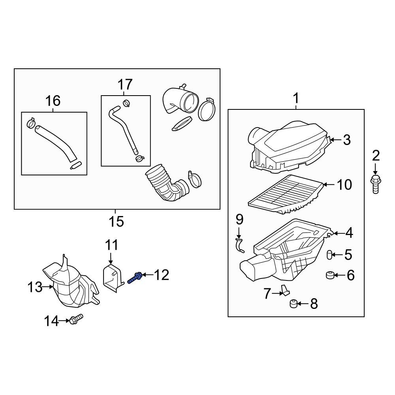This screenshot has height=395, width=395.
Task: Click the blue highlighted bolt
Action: pyautogui.click(x=135, y=277)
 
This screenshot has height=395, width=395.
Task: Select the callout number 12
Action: pyautogui.click(x=162, y=275)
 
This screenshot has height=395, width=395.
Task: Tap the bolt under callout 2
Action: pyautogui.click(x=375, y=184)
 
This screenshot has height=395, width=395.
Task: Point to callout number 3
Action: pyautogui.click(x=346, y=140)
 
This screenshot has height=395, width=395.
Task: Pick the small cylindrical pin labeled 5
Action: pyautogui.click(x=329, y=255)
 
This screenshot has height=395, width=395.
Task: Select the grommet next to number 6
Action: pyautogui.click(x=329, y=275)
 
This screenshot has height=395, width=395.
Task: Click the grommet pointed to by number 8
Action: pyautogui.click(x=293, y=303)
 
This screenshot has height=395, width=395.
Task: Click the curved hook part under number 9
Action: pyautogui.click(x=239, y=245)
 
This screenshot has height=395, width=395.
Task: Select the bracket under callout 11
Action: pyautogui.click(x=112, y=279)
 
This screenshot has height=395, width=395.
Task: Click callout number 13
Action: pyautogui.click(x=35, y=287)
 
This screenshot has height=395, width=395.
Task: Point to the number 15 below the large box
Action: pyautogui.click(x=116, y=222)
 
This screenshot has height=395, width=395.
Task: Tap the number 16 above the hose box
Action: pyautogui.click(x=53, y=101)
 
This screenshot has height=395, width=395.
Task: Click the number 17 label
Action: pyautogui.click(x=125, y=85)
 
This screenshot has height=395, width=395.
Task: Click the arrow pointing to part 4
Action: pyautogui.click(x=337, y=233)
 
